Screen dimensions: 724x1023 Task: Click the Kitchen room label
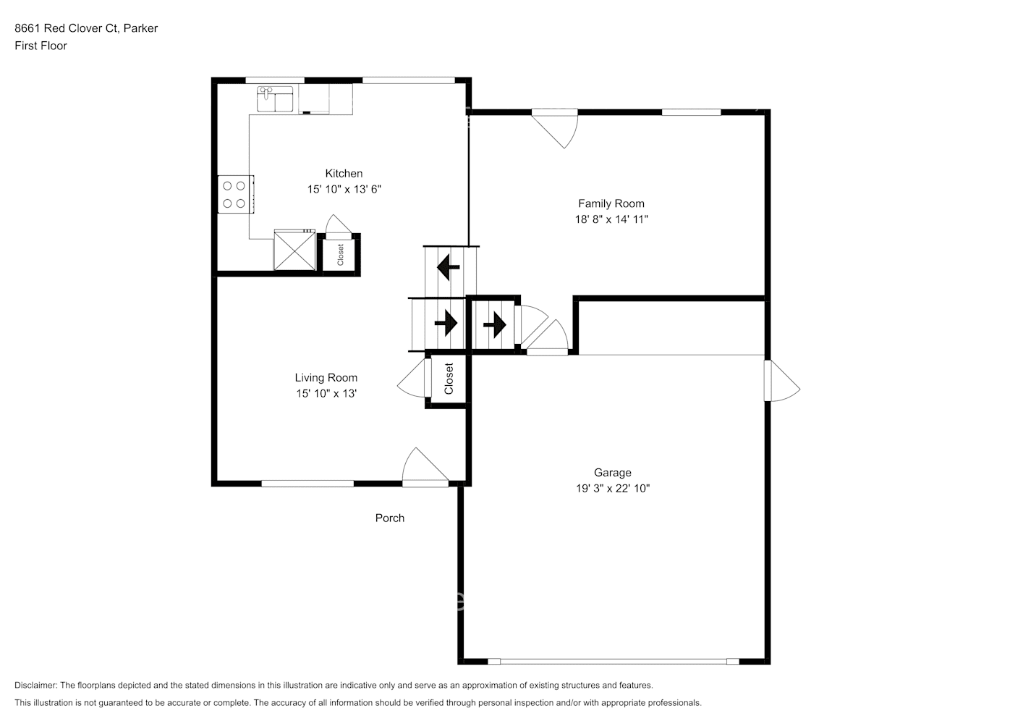click(x=344, y=174)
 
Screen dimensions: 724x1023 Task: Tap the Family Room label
click(x=611, y=204)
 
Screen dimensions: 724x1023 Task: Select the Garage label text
click(x=612, y=473)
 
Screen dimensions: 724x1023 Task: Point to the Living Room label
click(x=326, y=378)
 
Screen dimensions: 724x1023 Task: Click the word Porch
click(x=389, y=518)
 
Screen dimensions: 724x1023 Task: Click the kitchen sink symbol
click(x=275, y=99)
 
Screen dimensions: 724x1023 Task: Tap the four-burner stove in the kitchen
click(x=234, y=194)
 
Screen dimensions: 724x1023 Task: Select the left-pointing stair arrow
click(x=448, y=267)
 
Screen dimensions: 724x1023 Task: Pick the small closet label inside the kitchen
click(x=340, y=254)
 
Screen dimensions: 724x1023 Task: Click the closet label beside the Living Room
click(x=449, y=379)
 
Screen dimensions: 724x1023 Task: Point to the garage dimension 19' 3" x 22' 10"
click(x=612, y=489)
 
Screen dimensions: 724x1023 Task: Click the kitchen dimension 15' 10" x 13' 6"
click(x=344, y=190)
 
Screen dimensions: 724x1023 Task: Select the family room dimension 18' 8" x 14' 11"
click(x=611, y=219)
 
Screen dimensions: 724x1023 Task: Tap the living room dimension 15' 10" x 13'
click(x=326, y=394)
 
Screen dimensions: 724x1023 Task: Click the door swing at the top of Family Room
click(x=557, y=127)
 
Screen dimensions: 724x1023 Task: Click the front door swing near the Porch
click(x=424, y=466)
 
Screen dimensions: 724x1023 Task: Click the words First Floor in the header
click(x=41, y=46)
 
